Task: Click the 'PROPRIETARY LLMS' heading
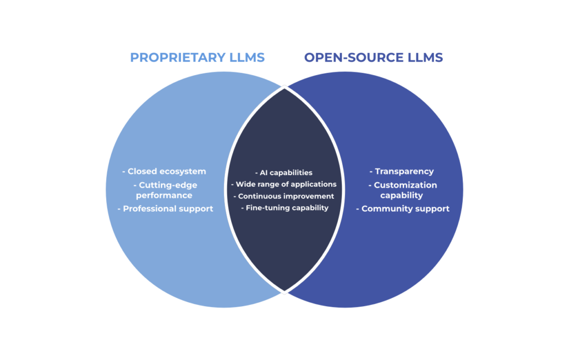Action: pyautogui.click(x=197, y=57)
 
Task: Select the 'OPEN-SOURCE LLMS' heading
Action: pyautogui.click(x=373, y=57)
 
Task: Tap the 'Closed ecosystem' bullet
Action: pyautogui.click(x=164, y=171)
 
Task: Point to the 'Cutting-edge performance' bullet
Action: pyautogui.click(x=164, y=190)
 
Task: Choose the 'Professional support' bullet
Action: pyautogui.click(x=165, y=209)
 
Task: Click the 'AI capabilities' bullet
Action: pyautogui.click(x=284, y=173)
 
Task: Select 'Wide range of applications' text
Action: pyautogui.click(x=284, y=184)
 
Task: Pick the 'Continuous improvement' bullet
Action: pyautogui.click(x=284, y=196)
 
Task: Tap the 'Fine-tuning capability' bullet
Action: pyautogui.click(x=284, y=208)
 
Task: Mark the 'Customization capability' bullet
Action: pyautogui.click(x=403, y=190)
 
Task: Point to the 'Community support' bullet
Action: pyautogui.click(x=403, y=209)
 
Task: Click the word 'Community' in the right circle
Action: pyautogui.click(x=383, y=209)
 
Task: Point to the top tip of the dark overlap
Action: pyautogui.click(x=284, y=87)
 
